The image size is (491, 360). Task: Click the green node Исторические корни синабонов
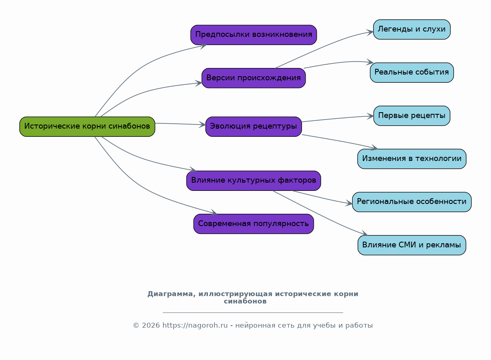[87, 127]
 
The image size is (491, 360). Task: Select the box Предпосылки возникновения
[254, 35]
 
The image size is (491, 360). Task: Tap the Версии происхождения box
[254, 78]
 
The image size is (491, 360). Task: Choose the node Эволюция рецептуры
[254, 127]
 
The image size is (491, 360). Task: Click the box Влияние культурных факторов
[254, 181]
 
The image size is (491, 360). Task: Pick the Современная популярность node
[254, 224]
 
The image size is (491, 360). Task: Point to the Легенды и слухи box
[412, 29]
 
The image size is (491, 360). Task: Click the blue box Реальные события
[412, 72]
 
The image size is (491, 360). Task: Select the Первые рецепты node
[412, 116]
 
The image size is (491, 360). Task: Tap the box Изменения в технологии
[412, 159]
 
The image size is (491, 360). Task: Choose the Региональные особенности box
[412, 202]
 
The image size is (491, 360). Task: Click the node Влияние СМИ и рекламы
[412, 245]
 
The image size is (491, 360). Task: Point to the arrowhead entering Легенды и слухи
[370, 32]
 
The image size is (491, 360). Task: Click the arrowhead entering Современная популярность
[214, 213]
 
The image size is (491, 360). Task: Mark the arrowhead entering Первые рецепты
[370, 116]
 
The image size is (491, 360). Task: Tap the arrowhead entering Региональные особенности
[349, 203]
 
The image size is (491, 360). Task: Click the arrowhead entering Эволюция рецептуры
[202, 125]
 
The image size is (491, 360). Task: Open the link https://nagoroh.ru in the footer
[195, 326]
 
